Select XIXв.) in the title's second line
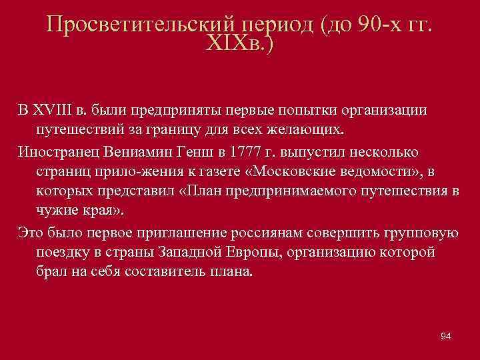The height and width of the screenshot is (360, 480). [241, 45]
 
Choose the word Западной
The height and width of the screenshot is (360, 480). [195, 253]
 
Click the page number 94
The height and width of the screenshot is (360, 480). [446, 335]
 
